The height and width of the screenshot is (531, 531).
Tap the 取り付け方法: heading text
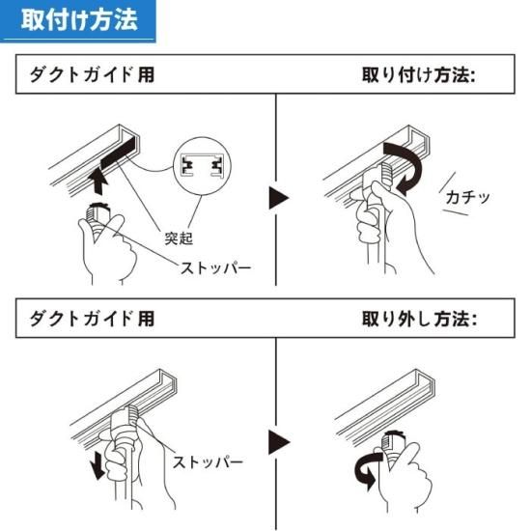tap(419, 74)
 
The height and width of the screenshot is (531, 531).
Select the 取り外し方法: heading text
tap(419, 318)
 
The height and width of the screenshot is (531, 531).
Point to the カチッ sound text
tap(467, 197)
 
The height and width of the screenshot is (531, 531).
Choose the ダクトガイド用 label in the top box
tap(91, 74)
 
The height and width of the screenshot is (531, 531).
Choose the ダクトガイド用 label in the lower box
tap(91, 318)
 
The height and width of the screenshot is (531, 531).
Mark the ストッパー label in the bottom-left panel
tap(208, 461)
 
